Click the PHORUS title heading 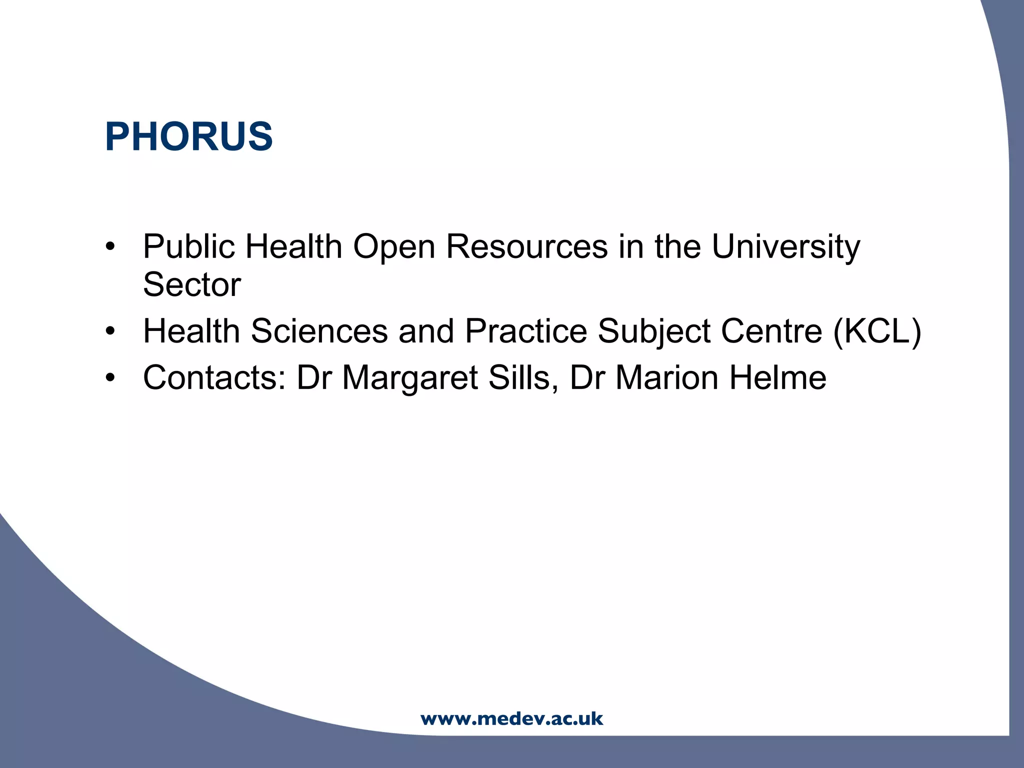coord(188,136)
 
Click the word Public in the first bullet coord(188,246)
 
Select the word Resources coord(526,246)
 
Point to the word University coord(785,246)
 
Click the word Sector coord(192,284)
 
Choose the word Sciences coord(319,331)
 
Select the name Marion coord(666,377)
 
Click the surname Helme coord(777,377)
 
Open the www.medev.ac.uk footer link coord(512,719)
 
